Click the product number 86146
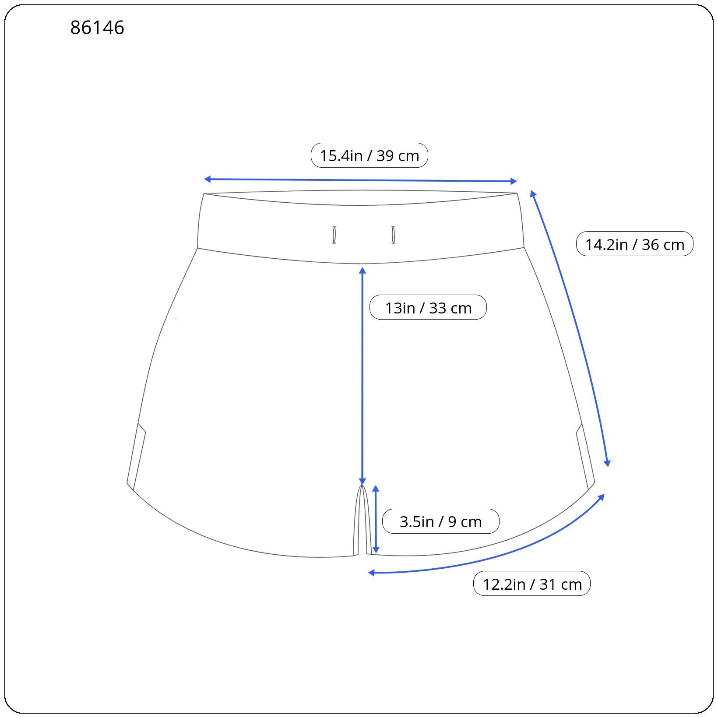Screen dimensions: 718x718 pos(97,28)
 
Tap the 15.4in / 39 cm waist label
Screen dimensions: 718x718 pos(369,155)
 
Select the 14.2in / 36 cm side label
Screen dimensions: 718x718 pos(635,244)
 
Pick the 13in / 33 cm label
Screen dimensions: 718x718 pos(428,307)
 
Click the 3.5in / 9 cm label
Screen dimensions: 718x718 pos(440,521)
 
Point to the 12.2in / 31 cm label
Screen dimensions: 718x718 pos(532,584)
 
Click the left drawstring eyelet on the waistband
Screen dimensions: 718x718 pos(334,235)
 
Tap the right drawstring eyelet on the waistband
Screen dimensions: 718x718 pos(393,235)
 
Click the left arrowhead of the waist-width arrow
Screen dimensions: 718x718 pos(208,179)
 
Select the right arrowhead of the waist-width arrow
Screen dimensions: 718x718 pos(514,181)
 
